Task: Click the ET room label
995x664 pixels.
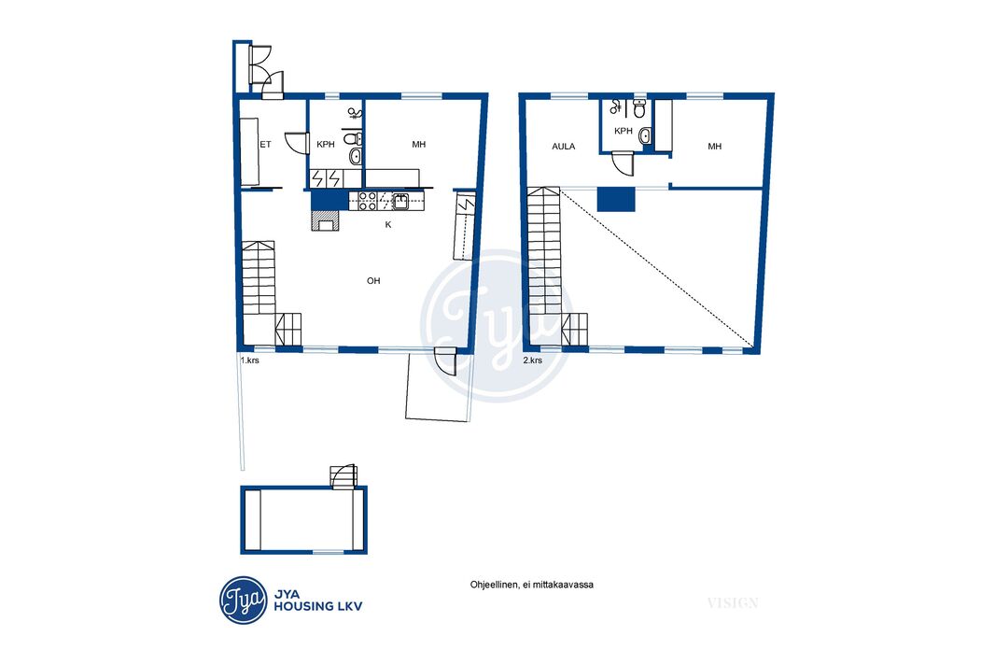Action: point(265,145)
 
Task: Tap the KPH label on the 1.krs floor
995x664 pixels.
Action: point(326,145)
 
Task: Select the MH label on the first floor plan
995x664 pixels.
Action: point(419,145)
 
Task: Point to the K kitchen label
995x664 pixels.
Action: point(388,225)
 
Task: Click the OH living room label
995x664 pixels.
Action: point(373,280)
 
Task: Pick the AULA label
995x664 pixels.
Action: point(564,147)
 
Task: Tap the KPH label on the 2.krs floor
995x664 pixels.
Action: point(624,132)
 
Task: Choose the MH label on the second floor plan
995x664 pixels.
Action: point(715,147)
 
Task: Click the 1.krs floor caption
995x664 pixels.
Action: point(249,360)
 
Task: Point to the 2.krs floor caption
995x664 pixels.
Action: point(532,360)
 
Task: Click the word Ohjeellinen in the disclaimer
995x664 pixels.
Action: point(495,585)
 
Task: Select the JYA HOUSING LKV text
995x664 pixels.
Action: point(318,600)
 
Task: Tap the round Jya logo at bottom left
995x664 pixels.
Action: point(244,600)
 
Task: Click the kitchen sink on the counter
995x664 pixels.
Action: point(400,201)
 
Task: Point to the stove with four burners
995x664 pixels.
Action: point(368,201)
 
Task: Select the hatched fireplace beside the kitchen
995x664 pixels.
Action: point(326,220)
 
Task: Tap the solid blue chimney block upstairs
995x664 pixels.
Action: point(615,199)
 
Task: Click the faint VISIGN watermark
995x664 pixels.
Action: point(733,602)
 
